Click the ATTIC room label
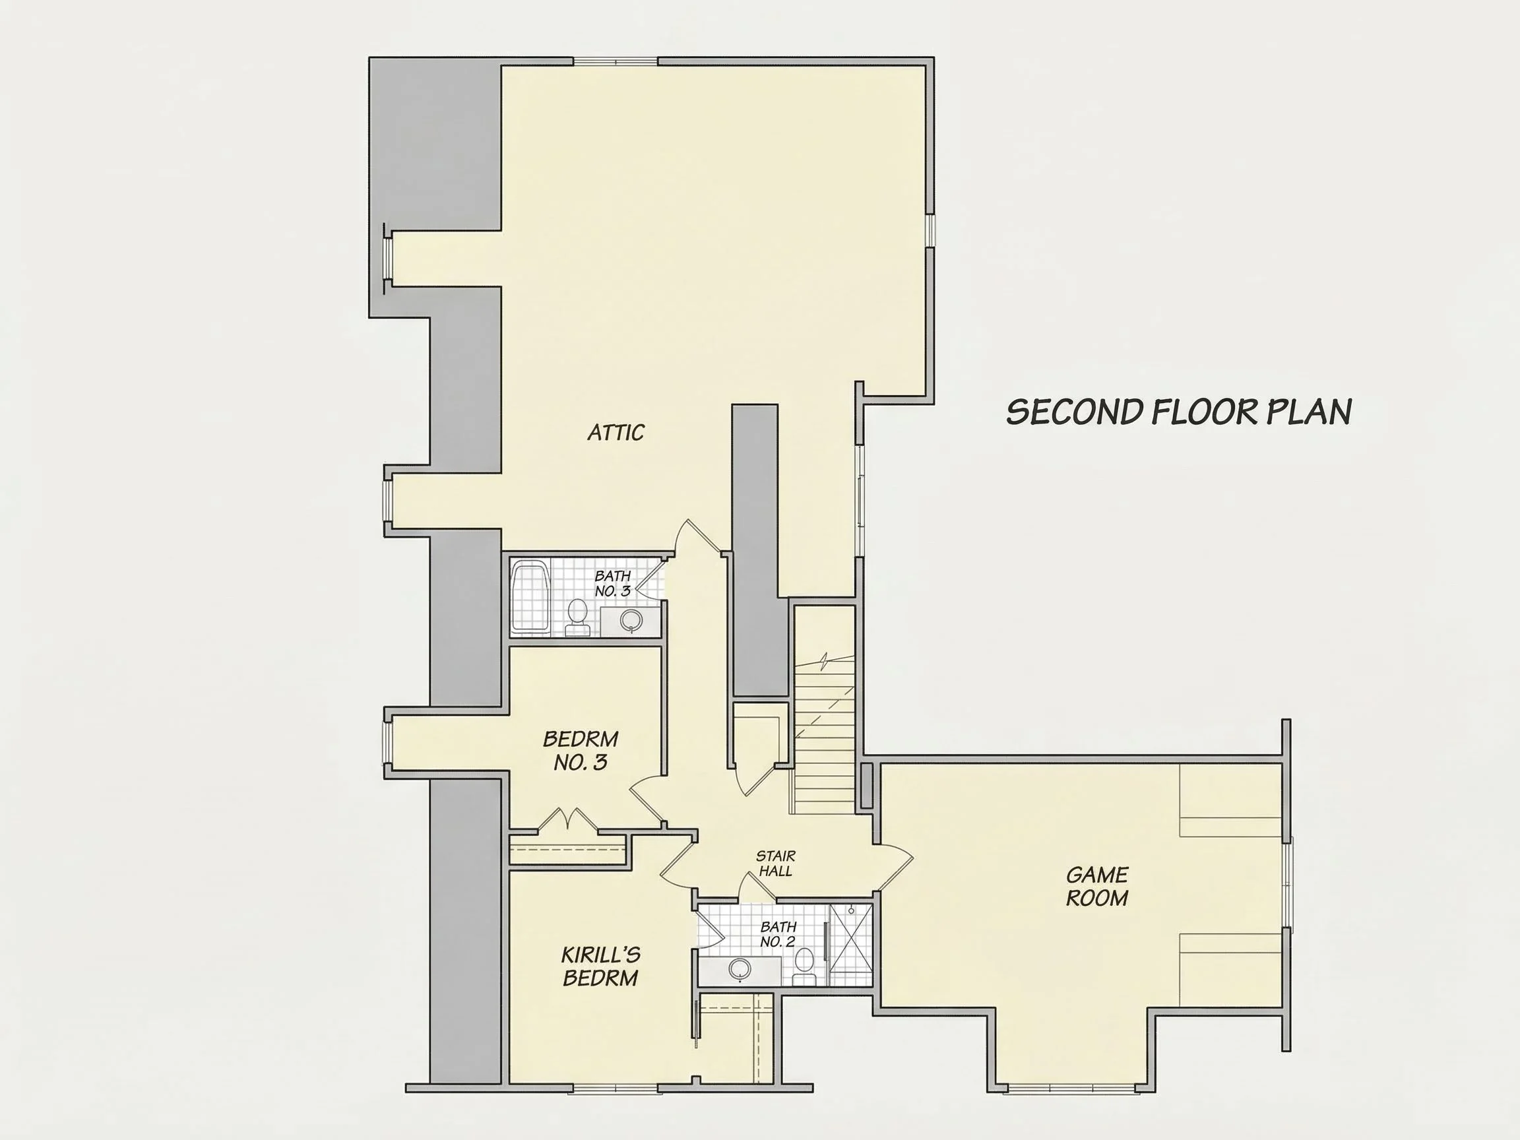[x=616, y=432]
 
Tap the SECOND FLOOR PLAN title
[x=1179, y=412]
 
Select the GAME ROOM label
[x=1096, y=887]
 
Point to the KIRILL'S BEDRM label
[x=600, y=966]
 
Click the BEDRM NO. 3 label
[x=581, y=750]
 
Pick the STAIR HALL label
[x=776, y=864]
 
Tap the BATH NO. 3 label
[x=612, y=583]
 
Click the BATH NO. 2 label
[x=778, y=935]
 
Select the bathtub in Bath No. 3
[x=530, y=596]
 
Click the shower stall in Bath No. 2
[x=850, y=945]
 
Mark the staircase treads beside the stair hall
[x=825, y=736]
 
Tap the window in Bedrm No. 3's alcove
[x=387, y=742]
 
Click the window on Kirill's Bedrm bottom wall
[x=616, y=1088]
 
